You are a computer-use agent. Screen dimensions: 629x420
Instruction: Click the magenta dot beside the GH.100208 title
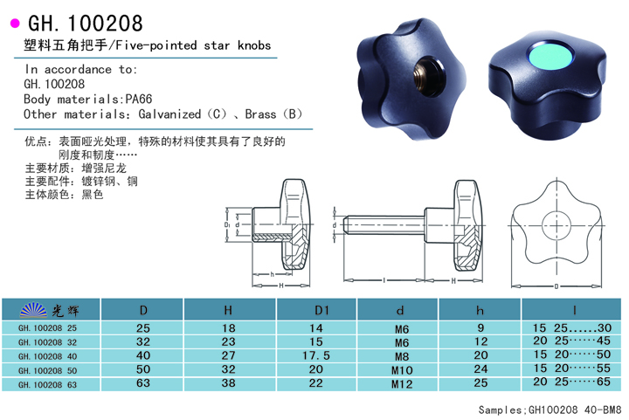(x=15, y=24)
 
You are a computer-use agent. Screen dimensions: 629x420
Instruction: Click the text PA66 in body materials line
(x=139, y=99)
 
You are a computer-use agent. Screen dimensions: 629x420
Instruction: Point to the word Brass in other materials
(x=260, y=114)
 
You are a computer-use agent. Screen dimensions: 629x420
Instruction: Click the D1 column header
(x=321, y=310)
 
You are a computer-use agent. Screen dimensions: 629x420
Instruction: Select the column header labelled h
(x=480, y=310)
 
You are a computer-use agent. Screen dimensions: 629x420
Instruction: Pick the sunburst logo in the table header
(x=33, y=310)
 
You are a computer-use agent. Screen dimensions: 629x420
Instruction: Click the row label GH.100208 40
(x=47, y=356)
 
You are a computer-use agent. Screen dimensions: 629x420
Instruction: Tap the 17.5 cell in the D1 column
(x=316, y=355)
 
